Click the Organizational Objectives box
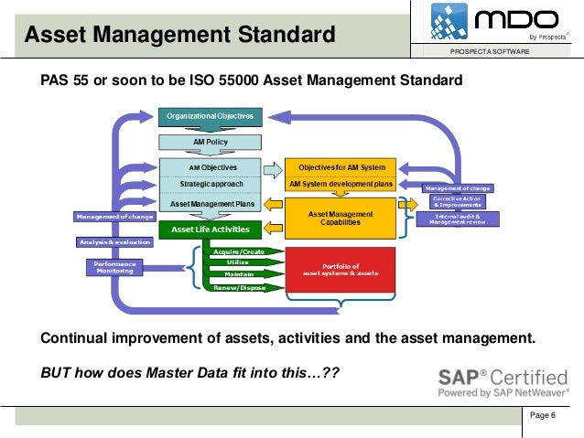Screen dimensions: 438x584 click(211, 116)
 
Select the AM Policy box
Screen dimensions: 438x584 click(211, 142)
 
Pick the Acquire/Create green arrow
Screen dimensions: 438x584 click(238, 251)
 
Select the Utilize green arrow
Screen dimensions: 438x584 click(238, 262)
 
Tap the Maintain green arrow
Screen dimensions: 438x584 click(238, 274)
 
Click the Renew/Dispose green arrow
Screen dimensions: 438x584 click(238, 287)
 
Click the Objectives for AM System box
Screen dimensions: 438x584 click(341, 168)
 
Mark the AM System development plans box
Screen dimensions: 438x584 click(341, 184)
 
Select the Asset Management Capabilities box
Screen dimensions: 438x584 click(341, 219)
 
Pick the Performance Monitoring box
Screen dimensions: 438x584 click(114, 267)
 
